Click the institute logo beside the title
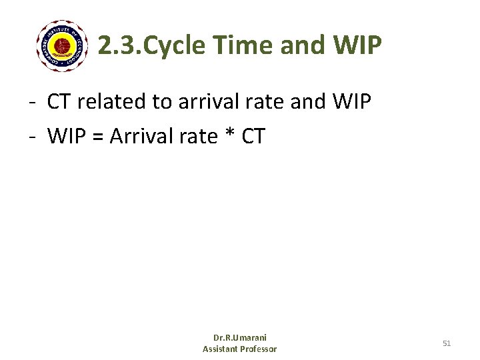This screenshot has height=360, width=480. click(x=62, y=46)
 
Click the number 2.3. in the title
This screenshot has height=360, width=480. click(x=119, y=45)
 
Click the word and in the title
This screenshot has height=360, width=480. click(x=300, y=45)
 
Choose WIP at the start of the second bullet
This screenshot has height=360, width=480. click(x=66, y=137)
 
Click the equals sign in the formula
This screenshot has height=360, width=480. click(x=97, y=137)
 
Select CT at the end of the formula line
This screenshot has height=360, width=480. click(x=253, y=137)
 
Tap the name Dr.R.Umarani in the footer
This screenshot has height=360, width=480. click(x=239, y=338)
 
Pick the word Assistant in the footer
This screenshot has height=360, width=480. click(x=222, y=349)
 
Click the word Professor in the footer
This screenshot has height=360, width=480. click(x=259, y=349)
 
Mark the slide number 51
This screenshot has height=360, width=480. click(x=447, y=343)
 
